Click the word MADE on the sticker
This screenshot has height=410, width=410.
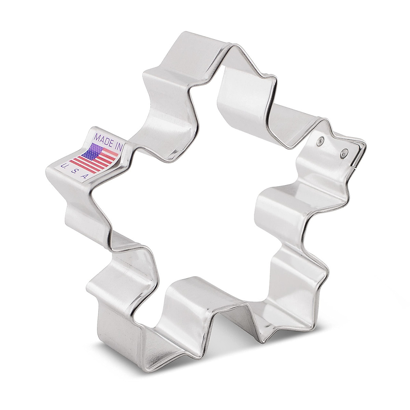tap(104, 141)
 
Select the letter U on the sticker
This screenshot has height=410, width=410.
tap(63, 166)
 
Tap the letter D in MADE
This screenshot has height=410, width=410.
tap(107, 142)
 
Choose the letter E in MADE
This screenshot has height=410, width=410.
tap(111, 144)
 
